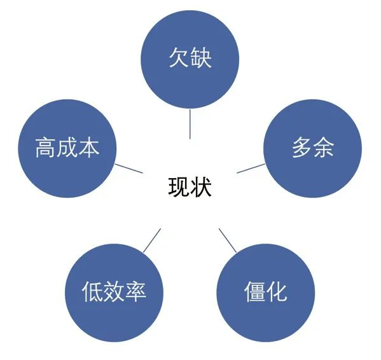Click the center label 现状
pyautogui.click(x=190, y=186)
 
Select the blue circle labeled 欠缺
pyautogui.click(x=190, y=59)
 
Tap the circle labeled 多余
pyautogui.click(x=313, y=148)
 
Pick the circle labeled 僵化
pyautogui.click(x=266, y=293)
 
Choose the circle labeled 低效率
pyautogui.click(x=114, y=293)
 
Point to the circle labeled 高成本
pyautogui.click(x=67, y=148)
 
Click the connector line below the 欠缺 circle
pyautogui.click(x=190, y=124)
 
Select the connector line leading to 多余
pyautogui.click(x=251, y=169)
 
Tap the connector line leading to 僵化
pyautogui.click(x=228, y=240)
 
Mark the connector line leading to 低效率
pyautogui.click(x=152, y=240)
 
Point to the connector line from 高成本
pyautogui.click(x=128, y=169)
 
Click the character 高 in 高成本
pyautogui.click(x=45, y=148)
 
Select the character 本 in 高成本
pyautogui.click(x=89, y=148)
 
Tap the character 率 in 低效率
pyautogui.click(x=135, y=292)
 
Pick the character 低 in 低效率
pyautogui.click(x=92, y=292)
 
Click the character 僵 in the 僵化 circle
pyautogui.click(x=254, y=292)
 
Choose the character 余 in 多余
pyautogui.click(x=323, y=148)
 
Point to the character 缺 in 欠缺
pyautogui.click(x=201, y=58)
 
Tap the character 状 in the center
pyautogui.click(x=201, y=186)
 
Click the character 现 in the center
pyautogui.click(x=179, y=186)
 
